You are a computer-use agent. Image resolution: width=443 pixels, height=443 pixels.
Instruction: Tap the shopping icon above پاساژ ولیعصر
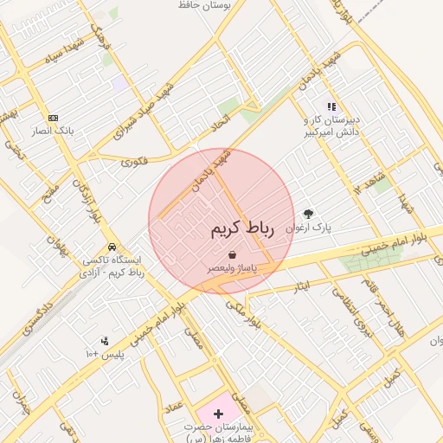click(233, 254)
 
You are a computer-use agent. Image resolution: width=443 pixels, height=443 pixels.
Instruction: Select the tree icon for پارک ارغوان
click(309, 214)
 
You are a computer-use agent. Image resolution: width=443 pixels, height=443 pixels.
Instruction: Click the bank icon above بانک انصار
click(54, 117)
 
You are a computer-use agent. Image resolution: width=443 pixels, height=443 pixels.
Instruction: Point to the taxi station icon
click(112, 246)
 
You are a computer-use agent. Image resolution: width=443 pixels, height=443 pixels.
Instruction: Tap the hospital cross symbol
click(218, 414)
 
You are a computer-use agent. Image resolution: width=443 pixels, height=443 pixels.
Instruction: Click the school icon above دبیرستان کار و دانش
click(331, 106)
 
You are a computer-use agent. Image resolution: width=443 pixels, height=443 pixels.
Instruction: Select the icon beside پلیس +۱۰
click(105, 341)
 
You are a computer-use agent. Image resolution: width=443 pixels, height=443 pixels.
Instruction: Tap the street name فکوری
click(134, 161)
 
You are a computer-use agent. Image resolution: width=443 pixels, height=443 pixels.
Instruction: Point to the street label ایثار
click(302, 285)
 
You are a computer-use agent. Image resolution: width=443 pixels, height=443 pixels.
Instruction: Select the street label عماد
click(175, 405)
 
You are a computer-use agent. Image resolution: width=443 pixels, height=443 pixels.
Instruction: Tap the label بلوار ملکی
click(241, 312)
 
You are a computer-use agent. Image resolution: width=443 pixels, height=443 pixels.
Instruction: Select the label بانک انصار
click(53, 131)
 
